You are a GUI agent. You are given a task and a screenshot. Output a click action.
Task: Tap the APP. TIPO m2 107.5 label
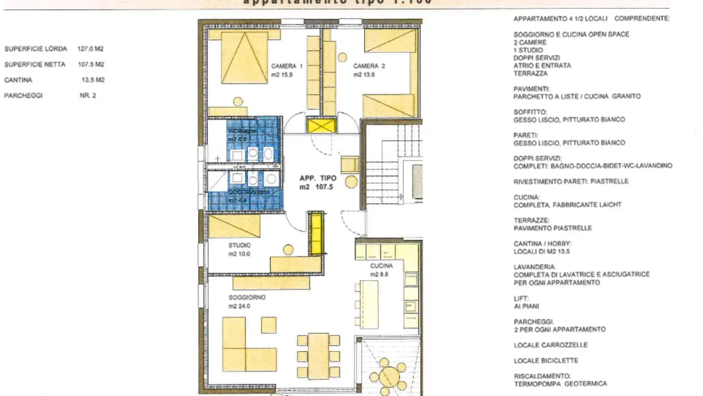point(318,182)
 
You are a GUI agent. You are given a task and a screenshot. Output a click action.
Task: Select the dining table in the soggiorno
point(318,355)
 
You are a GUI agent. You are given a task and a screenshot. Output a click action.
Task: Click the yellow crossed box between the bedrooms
point(321,126)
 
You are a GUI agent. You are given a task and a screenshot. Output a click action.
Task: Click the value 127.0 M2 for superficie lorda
point(90,49)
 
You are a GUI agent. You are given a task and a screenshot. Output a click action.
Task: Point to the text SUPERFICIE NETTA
point(35,65)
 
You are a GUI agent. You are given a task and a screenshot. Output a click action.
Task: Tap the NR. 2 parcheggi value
point(88,96)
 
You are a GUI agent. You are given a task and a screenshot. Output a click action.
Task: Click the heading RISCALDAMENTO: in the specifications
point(536,376)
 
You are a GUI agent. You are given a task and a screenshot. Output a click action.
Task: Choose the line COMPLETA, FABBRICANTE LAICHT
point(567,205)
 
